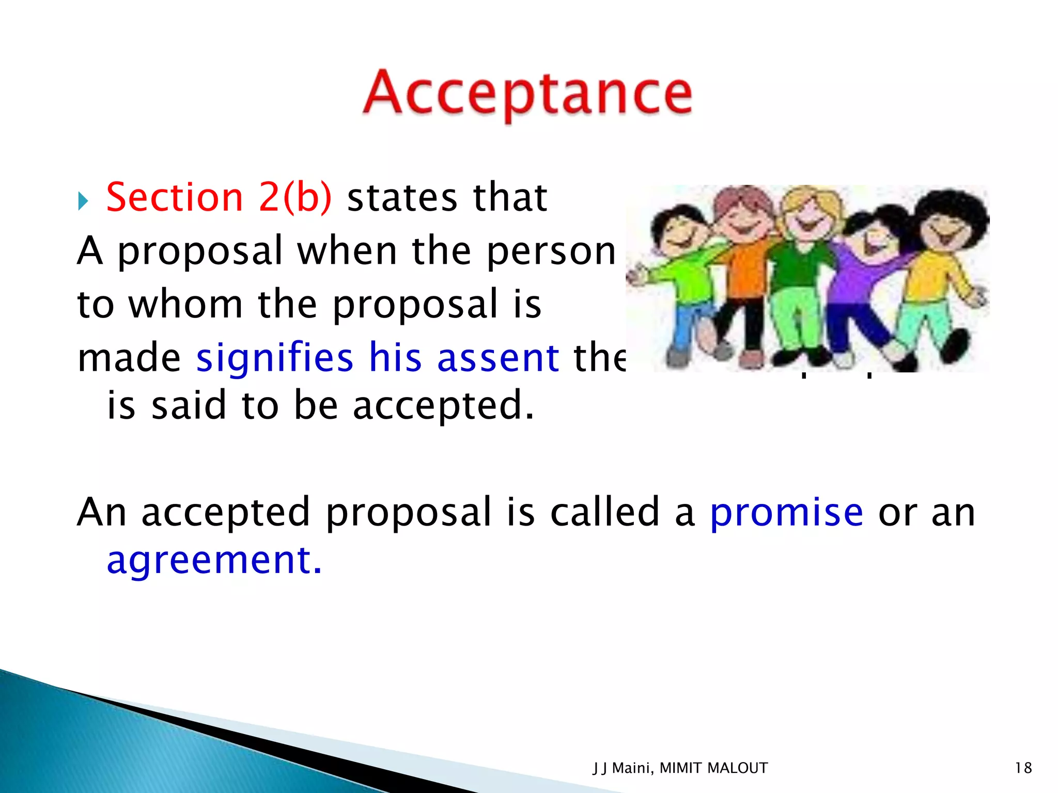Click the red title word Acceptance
point(527,94)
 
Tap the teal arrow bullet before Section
point(83,201)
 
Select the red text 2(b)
point(295,198)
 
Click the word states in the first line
point(402,198)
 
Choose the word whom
point(185,304)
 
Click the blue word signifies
point(274,357)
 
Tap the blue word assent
point(498,357)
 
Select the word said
point(189,405)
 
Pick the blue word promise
point(786,512)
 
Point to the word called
point(604,512)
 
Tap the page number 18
point(1023,768)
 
